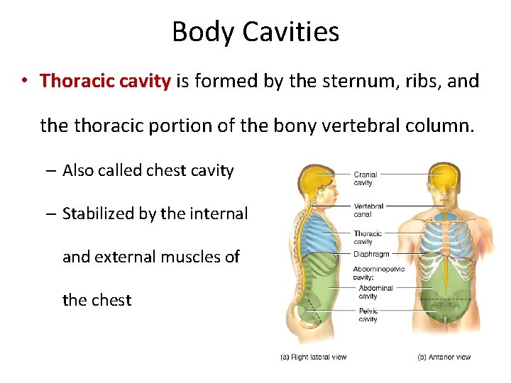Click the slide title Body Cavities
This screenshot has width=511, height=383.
click(255, 32)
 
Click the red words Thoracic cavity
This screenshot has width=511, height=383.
click(105, 81)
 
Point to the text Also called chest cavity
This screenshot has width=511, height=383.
click(148, 170)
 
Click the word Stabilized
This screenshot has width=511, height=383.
click(99, 213)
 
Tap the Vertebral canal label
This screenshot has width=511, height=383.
click(368, 209)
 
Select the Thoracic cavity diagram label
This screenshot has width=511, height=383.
click(367, 237)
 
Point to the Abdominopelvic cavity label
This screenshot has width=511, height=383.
click(378, 273)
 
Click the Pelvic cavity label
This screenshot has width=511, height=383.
click(368, 315)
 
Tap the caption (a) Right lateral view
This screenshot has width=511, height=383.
click(312, 357)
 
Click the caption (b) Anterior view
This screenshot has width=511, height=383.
click(444, 357)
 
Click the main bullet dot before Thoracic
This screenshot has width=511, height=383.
click(24, 81)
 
